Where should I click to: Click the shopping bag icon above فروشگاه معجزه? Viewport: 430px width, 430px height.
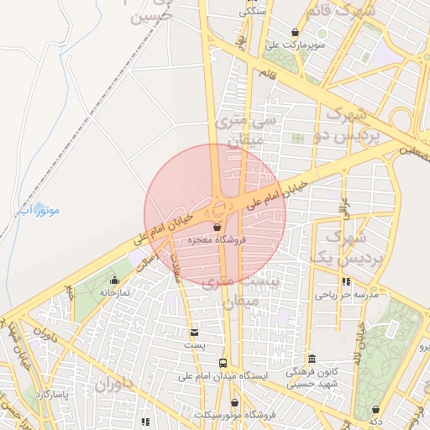218,227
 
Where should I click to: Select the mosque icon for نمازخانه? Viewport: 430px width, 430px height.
115,280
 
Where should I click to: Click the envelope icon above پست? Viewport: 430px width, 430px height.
195,333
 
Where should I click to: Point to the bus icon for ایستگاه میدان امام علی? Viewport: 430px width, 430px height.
222,363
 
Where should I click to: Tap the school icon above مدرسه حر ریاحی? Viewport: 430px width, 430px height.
346,282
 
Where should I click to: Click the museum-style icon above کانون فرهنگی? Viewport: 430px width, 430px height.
311,359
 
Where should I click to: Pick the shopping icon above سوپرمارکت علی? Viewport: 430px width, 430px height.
294,32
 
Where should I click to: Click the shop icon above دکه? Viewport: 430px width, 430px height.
375,410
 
